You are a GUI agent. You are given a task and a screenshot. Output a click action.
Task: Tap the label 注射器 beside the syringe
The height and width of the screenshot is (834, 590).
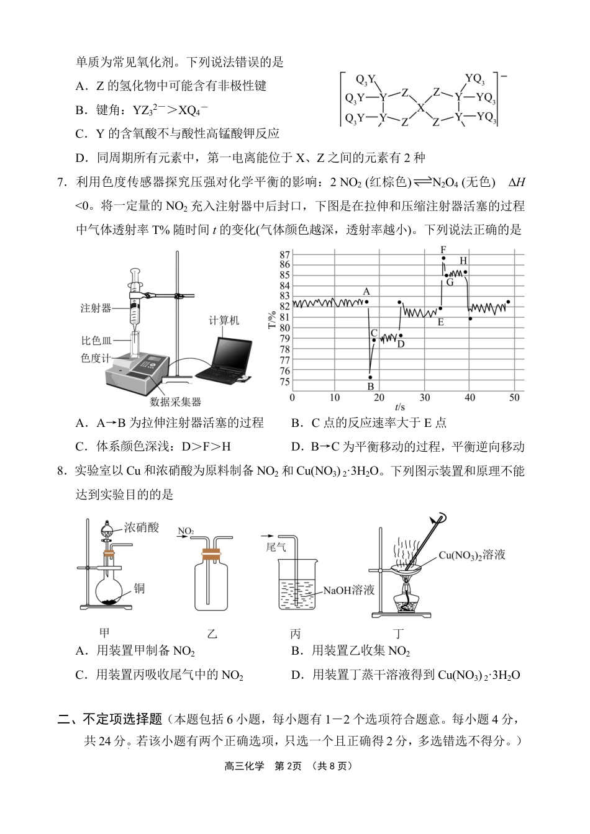(x=96, y=308)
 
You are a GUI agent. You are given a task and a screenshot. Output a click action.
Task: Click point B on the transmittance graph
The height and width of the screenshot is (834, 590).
(x=370, y=377)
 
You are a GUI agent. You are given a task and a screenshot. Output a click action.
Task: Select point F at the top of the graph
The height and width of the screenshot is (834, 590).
(x=443, y=258)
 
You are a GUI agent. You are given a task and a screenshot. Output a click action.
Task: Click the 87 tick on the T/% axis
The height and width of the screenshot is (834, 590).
(x=285, y=254)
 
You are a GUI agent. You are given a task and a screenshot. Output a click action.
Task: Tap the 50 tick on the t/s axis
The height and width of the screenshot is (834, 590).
(x=514, y=397)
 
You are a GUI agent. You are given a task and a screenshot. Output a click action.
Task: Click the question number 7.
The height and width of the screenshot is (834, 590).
(x=61, y=182)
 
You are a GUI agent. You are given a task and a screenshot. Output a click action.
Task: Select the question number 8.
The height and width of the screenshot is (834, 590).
(x=61, y=471)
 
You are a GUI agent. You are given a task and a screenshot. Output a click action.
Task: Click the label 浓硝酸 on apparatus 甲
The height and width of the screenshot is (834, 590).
(x=142, y=527)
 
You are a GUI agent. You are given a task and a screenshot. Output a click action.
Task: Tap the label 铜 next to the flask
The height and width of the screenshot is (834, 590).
(x=139, y=588)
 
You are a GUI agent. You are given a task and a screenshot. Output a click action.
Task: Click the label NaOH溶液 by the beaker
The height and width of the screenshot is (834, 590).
(x=348, y=590)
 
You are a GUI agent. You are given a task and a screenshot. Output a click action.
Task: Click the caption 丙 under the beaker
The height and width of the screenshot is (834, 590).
(x=295, y=634)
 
